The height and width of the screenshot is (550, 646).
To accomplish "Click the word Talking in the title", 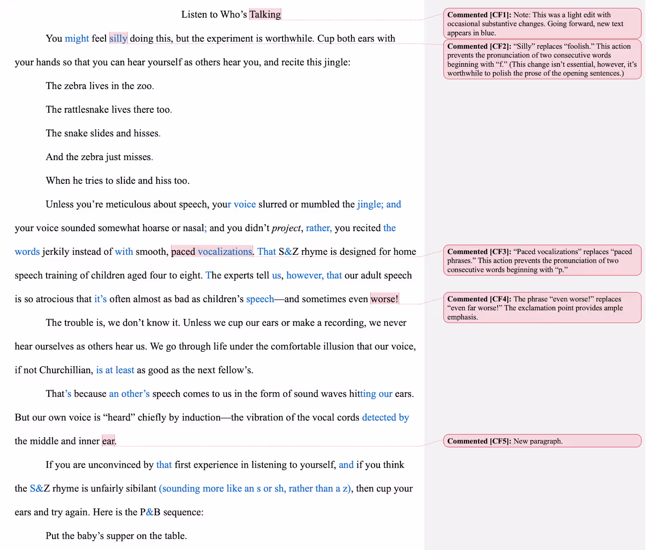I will click(x=265, y=15).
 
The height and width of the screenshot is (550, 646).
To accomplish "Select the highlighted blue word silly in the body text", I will click(x=118, y=38).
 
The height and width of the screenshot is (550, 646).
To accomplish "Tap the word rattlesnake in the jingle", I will click(x=86, y=109).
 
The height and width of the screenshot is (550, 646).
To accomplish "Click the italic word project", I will click(x=286, y=228).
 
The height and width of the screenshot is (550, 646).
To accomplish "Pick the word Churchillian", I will click(x=65, y=370).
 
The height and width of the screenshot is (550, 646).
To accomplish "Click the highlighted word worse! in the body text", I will click(x=385, y=299).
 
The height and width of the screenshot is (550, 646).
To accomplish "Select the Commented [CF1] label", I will click(x=479, y=15).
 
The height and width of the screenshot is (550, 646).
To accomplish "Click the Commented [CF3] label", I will click(x=479, y=252).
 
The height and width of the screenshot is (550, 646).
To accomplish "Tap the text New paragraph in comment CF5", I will click(x=538, y=441).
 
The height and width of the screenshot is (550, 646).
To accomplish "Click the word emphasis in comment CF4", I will click(x=462, y=317).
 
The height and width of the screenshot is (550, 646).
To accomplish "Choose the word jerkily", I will click(x=56, y=252).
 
